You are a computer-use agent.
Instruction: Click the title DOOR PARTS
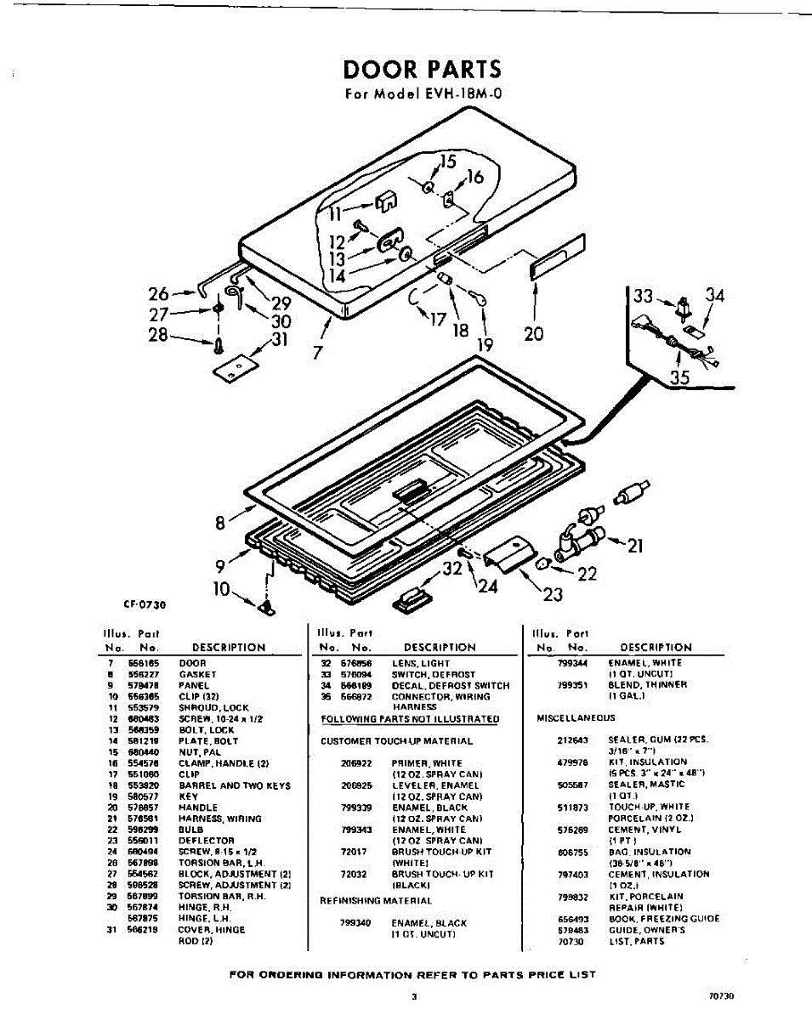pos(422,69)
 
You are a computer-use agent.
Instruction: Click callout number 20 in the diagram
pos(533,333)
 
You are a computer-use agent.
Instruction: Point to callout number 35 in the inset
pos(679,377)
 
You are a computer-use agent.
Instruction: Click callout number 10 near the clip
pos(222,587)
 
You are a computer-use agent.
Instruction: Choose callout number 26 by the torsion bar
pos(158,294)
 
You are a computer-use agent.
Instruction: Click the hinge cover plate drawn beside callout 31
pos(237,366)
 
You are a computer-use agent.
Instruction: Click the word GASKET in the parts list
pos(197,674)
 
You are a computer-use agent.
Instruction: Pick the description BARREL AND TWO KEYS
pos(235,786)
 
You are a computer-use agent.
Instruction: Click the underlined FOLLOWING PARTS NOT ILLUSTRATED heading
pos(409,719)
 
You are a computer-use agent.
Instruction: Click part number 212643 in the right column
pos(570,740)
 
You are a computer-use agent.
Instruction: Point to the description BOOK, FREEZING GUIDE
pos(663,919)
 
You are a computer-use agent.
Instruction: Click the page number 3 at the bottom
pos(413,997)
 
